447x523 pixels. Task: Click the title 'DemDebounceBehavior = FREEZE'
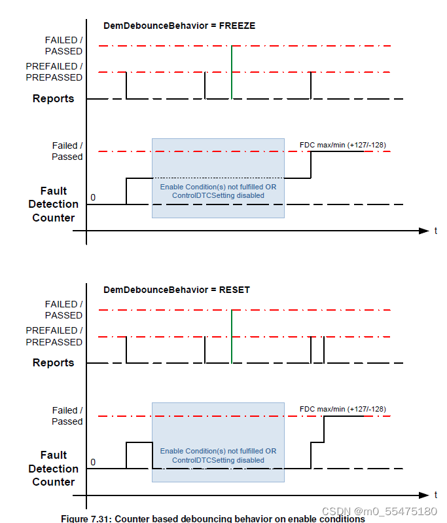click(x=179, y=26)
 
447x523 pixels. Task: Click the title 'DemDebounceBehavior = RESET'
click(x=177, y=290)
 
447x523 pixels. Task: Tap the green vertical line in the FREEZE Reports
click(x=232, y=72)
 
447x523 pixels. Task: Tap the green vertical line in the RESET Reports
click(x=232, y=336)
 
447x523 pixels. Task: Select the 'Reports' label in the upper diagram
click(x=54, y=99)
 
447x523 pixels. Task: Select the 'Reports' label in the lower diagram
click(x=54, y=363)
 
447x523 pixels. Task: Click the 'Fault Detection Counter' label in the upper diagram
click(x=54, y=204)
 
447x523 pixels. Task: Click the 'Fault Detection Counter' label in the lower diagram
click(x=54, y=469)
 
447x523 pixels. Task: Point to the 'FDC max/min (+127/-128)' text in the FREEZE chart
click(x=348, y=145)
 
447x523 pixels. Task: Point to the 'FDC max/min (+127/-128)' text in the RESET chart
click(x=348, y=409)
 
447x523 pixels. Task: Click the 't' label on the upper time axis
click(x=436, y=231)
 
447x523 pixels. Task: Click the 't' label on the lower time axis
click(x=436, y=495)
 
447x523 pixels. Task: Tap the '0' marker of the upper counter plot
click(x=93, y=197)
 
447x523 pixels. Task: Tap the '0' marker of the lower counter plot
click(x=93, y=462)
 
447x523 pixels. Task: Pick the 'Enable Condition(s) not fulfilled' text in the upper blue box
click(x=218, y=187)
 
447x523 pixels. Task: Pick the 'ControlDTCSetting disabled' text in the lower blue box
click(x=218, y=460)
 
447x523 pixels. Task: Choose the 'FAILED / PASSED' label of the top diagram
click(x=63, y=46)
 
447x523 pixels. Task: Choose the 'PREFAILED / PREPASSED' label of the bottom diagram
click(x=54, y=336)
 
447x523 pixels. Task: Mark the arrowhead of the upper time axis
click(x=423, y=231)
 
